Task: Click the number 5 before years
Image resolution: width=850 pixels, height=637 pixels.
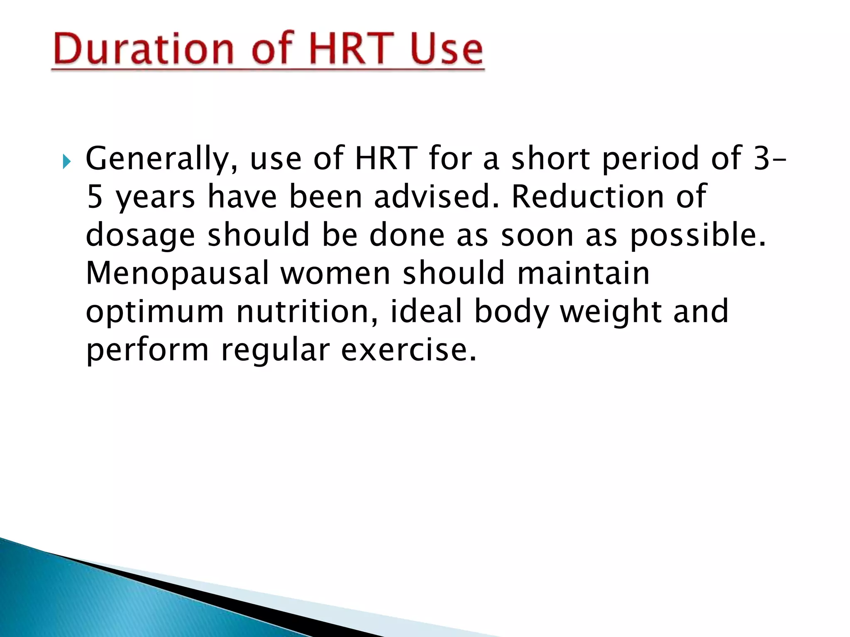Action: (x=94, y=197)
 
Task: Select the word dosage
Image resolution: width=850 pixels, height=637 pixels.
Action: (x=140, y=235)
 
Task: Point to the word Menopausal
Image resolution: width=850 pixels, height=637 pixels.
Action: (x=178, y=273)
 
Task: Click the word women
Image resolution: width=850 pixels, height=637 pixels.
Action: (x=335, y=273)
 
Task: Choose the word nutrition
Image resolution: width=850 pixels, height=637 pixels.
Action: (x=307, y=311)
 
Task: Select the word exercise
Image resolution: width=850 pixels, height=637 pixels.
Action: (x=408, y=350)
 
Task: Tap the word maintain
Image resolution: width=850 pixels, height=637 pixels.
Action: (x=584, y=273)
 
